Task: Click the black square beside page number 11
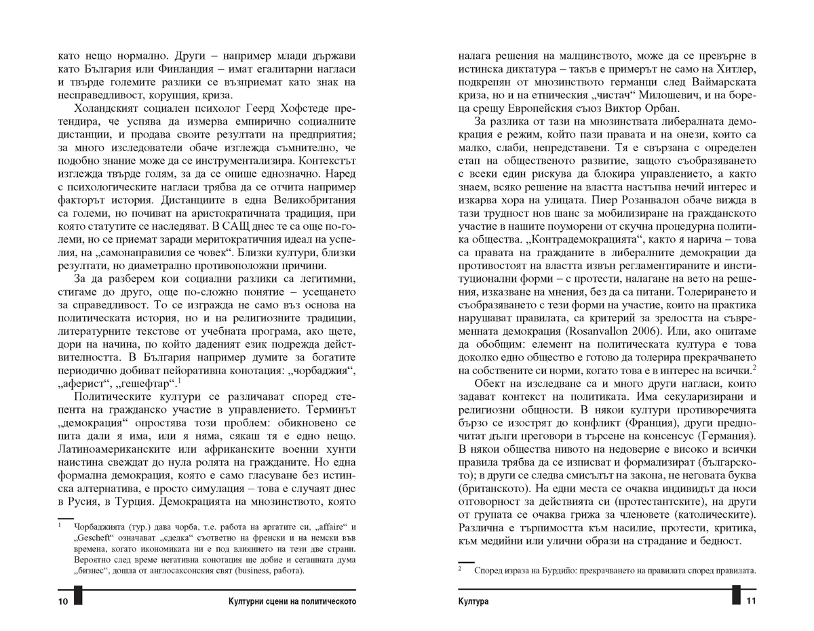pos(737,596)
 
